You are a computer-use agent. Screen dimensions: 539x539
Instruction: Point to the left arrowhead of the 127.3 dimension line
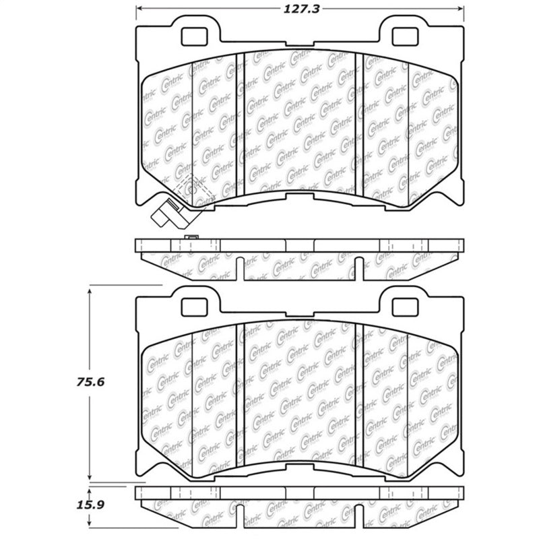140,9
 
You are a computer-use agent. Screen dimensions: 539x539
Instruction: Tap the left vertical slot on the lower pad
239,391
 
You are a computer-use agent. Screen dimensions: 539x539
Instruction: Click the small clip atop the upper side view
191,237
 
